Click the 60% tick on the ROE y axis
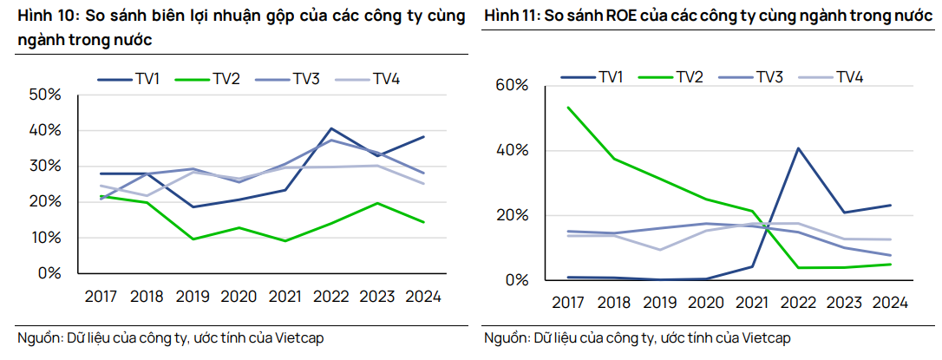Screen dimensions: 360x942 click(x=510, y=85)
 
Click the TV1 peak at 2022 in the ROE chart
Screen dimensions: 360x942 click(x=797, y=148)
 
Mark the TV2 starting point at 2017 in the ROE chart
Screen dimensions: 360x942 click(x=567, y=108)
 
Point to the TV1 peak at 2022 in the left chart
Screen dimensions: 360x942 click(x=330, y=128)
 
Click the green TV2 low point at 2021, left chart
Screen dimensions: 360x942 click(x=285, y=240)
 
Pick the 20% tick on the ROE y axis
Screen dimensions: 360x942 click(x=510, y=215)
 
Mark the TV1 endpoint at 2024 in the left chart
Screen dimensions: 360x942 click(x=422, y=136)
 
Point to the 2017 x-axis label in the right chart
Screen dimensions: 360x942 click(x=567, y=303)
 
